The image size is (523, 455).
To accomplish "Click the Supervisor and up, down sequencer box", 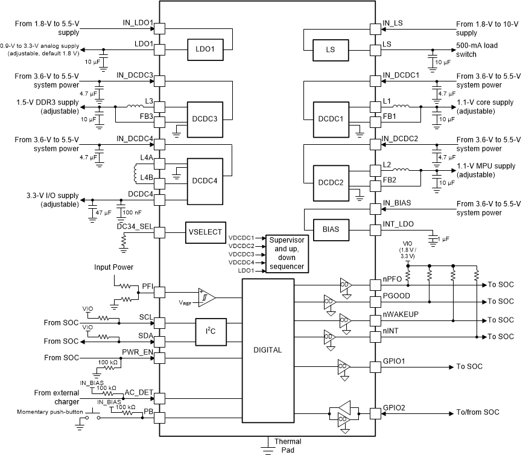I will pyautogui.click(x=287, y=253).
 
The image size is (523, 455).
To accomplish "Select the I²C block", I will pyautogui.click(x=211, y=332).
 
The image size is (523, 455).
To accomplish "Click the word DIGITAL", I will pyautogui.click(x=268, y=349).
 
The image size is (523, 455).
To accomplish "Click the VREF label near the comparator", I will pyautogui.click(x=186, y=301).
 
